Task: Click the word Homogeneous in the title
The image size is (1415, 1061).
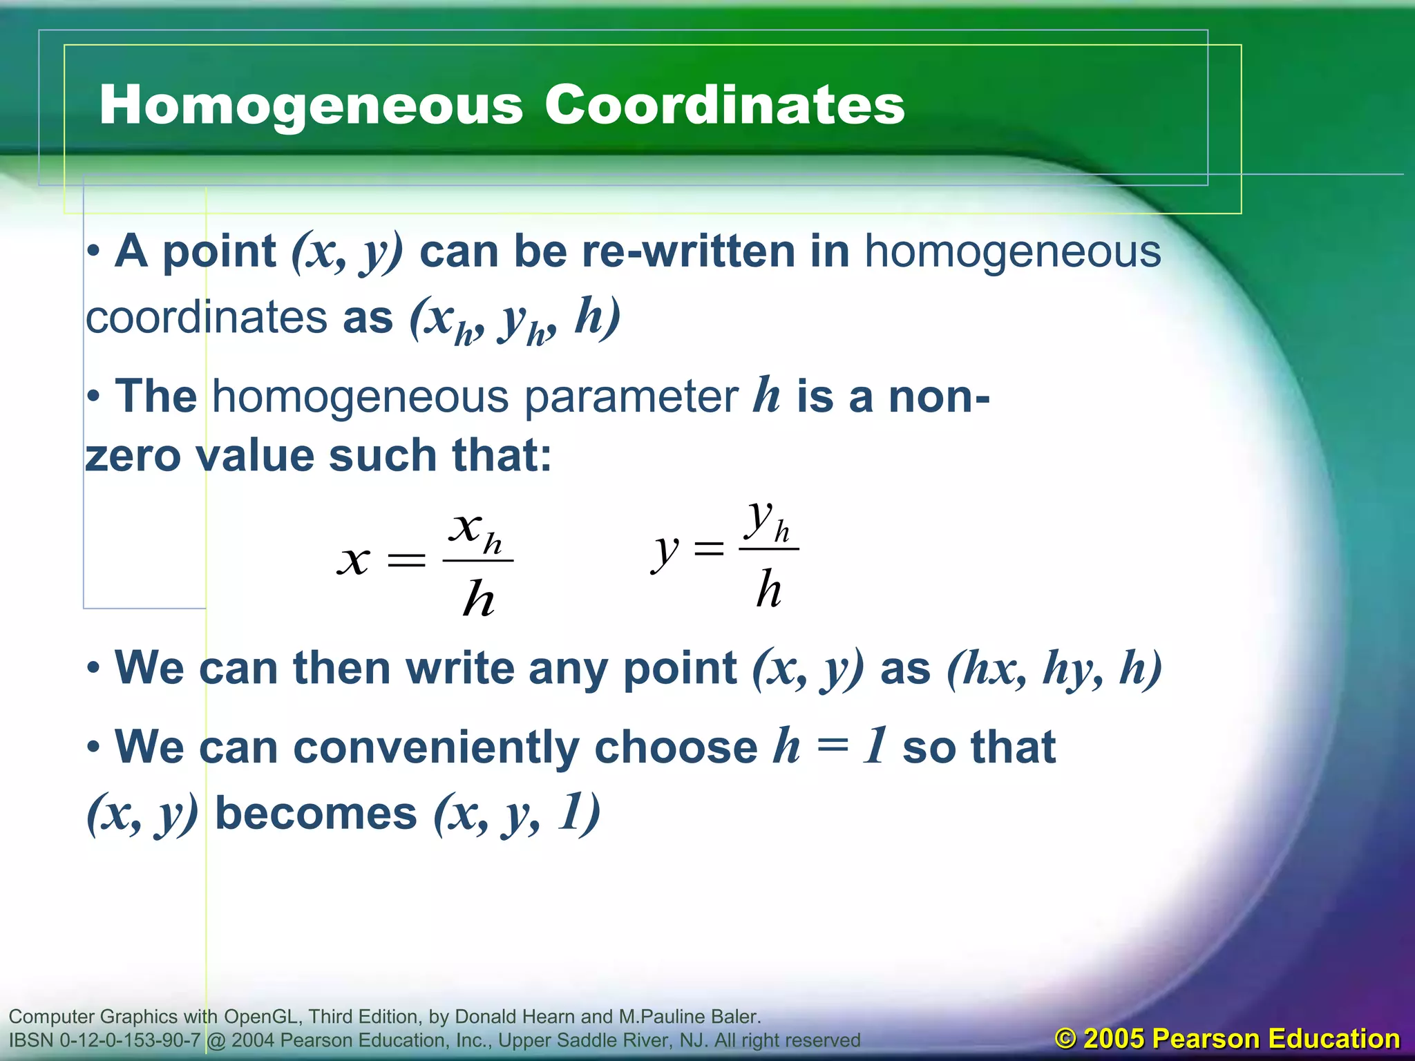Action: pos(311,105)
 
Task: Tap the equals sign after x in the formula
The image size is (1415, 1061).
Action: pos(406,559)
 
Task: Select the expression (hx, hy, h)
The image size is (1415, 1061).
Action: pos(1054,669)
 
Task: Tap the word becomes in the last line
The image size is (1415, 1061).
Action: pos(316,813)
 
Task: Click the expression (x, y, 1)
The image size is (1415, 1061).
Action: pos(517,813)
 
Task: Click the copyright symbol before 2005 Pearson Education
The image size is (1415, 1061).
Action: pos(1065,1038)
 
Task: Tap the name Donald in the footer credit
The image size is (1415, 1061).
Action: pos(484,1016)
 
